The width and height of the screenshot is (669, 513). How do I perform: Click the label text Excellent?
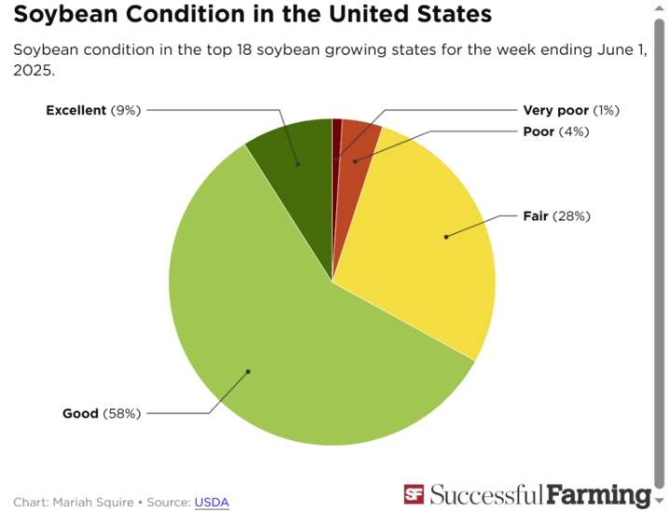point(75,110)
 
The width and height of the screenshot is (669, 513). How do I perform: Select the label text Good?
point(80,413)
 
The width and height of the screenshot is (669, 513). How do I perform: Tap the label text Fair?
point(536,216)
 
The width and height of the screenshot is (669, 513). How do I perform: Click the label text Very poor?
point(555,110)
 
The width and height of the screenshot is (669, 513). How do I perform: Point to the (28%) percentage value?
point(571,216)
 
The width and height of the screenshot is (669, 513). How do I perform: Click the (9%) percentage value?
point(125,110)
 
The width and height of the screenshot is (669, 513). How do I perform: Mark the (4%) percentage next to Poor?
point(574,132)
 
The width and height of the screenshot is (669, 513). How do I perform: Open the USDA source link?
point(212,502)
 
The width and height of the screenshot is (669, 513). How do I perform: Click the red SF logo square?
point(414,494)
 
